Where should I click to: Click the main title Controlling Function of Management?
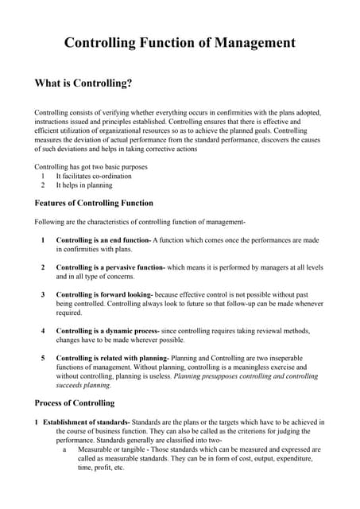click(180, 43)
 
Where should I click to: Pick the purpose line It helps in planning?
click(84, 185)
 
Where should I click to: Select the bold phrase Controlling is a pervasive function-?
click(110, 267)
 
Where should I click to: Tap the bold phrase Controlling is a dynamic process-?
click(106, 331)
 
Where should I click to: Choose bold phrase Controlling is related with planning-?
click(112, 358)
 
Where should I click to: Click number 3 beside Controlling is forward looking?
click(43, 295)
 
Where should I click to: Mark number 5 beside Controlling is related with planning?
click(43, 358)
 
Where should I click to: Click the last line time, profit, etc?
click(101, 468)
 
